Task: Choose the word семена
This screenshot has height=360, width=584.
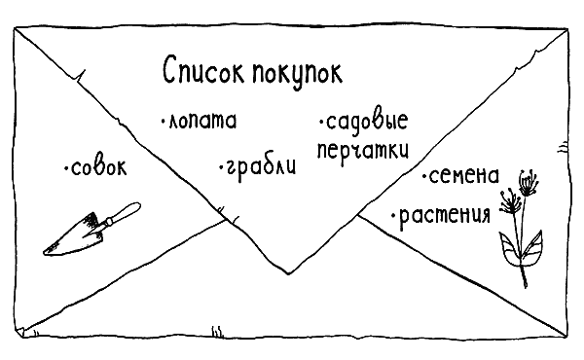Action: pyautogui.click(x=463, y=176)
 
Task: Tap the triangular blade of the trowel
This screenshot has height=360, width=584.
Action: pyautogui.click(x=76, y=236)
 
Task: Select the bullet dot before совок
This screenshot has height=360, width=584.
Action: pyautogui.click(x=65, y=171)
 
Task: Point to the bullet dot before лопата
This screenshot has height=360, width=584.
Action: pyautogui.click(x=163, y=123)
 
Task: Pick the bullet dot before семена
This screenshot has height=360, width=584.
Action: pyautogui.click(x=425, y=178)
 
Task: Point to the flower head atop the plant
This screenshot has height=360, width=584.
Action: pyautogui.click(x=527, y=180)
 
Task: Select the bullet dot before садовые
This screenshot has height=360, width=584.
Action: pyautogui.click(x=319, y=124)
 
